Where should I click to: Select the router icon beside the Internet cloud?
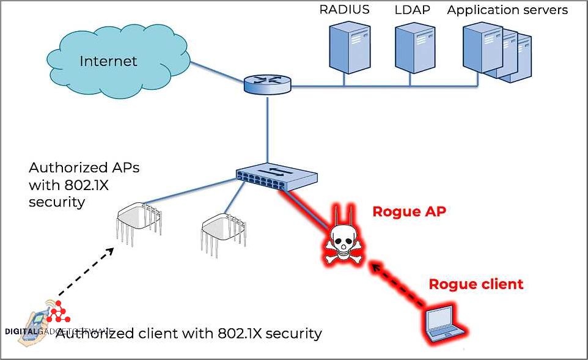pos(268,84)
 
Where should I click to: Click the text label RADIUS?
pos(344,10)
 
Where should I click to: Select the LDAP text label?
pos(413,10)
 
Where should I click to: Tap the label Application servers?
pos(507,10)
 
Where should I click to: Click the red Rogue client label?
pos(476,284)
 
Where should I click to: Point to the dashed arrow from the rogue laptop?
pos(398,284)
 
